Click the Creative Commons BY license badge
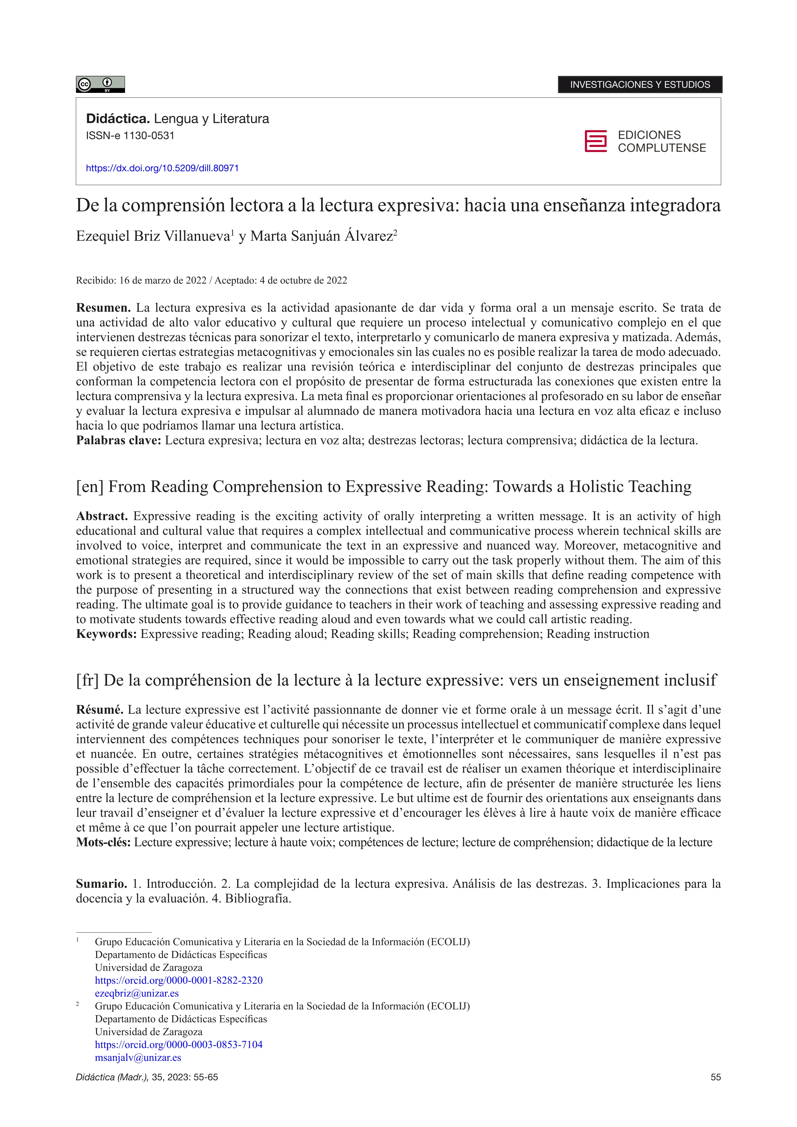[100, 85]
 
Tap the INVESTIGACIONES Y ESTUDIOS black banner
[640, 85]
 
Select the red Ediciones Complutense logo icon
[595, 141]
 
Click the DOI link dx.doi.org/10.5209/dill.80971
[162, 168]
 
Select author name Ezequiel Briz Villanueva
[153, 236]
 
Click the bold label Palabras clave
[118, 440]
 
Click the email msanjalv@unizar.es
[138, 1057]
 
